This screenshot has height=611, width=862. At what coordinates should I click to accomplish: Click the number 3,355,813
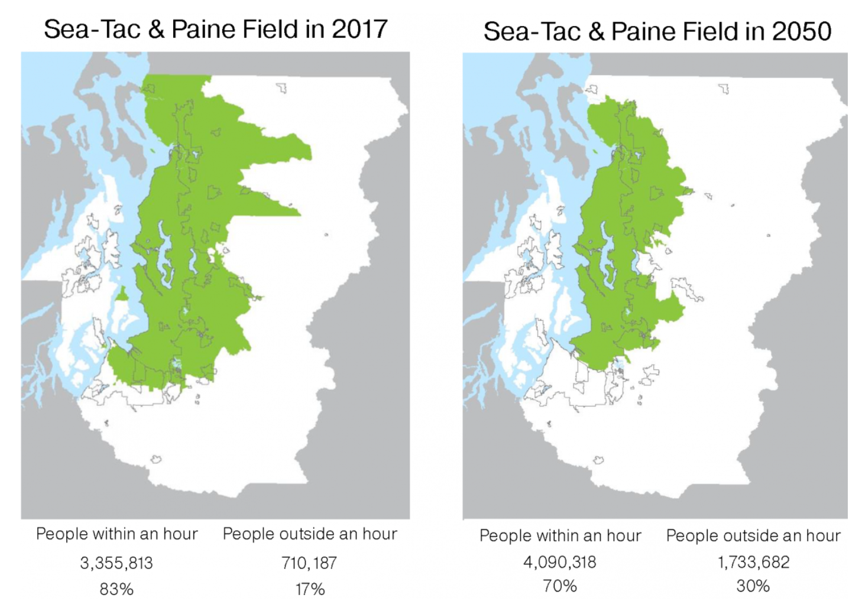116,563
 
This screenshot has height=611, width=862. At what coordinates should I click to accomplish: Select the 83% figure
116,589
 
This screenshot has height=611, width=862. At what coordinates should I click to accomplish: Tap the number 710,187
309,563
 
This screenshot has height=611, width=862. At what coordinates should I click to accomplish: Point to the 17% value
310,589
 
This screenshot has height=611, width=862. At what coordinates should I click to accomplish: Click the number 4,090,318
559,561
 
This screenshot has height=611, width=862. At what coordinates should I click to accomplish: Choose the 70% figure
559,586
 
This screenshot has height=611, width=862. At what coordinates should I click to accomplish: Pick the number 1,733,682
753,561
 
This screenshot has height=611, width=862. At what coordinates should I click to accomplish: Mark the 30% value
753,586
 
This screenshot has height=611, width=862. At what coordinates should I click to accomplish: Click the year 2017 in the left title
359,29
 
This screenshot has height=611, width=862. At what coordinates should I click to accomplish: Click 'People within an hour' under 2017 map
116,534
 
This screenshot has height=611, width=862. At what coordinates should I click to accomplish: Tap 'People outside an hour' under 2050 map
753,536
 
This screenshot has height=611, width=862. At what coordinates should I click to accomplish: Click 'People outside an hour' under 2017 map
310,534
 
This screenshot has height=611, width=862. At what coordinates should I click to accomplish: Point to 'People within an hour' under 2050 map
560,536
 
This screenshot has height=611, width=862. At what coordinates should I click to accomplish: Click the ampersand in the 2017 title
156,30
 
